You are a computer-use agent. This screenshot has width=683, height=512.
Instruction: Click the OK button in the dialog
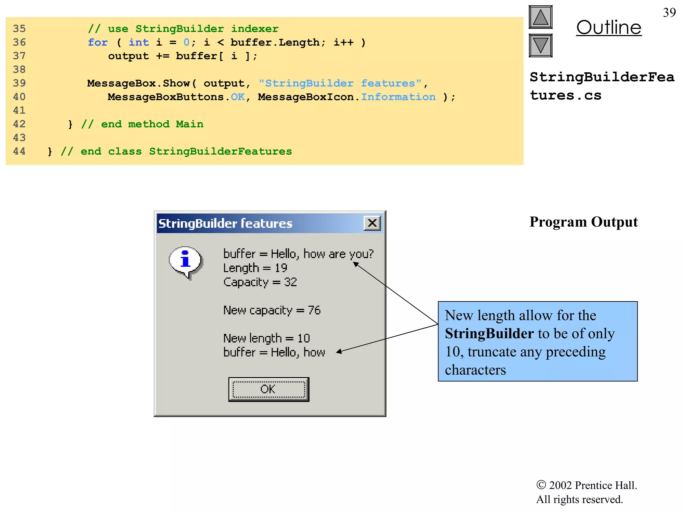point(268,389)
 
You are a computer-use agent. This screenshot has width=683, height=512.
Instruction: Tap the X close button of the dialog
point(372,223)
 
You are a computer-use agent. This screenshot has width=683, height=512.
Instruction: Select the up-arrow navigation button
point(541,17)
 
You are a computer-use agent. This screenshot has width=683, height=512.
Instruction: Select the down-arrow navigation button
point(541,46)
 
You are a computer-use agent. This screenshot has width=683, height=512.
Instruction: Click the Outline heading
point(609,28)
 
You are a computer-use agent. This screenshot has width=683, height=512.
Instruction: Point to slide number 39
point(669,13)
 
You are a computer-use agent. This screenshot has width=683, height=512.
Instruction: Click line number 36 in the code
point(19,42)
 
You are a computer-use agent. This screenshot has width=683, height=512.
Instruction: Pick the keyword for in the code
point(98,42)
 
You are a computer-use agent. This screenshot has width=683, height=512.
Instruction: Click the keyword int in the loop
point(139,42)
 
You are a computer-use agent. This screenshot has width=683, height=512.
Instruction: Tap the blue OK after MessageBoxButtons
point(238,97)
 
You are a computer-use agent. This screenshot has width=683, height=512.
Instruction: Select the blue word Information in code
point(398,97)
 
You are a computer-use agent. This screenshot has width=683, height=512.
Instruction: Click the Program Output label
point(584,222)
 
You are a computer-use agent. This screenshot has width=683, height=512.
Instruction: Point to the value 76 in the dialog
point(314,310)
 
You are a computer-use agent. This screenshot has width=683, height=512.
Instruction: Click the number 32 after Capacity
point(290,282)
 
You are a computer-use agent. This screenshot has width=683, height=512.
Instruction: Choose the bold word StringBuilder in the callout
point(489,334)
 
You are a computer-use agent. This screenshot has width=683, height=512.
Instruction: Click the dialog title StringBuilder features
point(225,223)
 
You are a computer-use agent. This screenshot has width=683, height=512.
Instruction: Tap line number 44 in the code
point(19,151)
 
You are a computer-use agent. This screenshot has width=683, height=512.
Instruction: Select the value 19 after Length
point(281,268)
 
